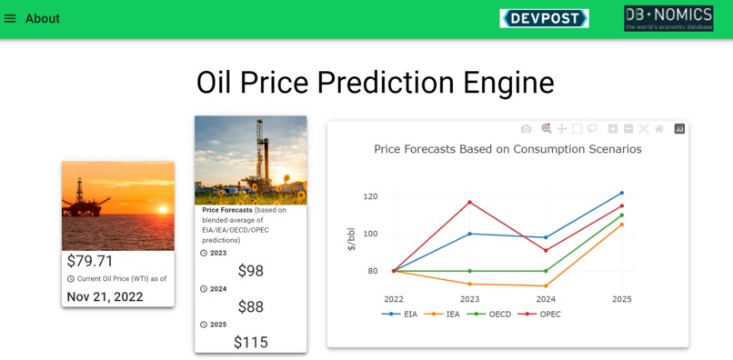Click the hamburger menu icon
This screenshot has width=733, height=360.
click(x=11, y=19)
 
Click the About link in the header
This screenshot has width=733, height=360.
click(x=43, y=19)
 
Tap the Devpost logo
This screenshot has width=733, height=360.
click(x=544, y=18)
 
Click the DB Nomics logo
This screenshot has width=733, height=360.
click(x=668, y=18)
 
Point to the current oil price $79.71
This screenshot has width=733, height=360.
click(x=91, y=262)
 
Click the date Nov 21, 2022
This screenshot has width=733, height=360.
click(x=105, y=296)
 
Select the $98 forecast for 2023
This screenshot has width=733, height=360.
click(x=250, y=271)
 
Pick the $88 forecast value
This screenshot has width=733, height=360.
click(x=250, y=306)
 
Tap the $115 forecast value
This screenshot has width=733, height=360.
click(x=250, y=342)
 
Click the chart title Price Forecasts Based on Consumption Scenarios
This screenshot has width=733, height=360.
click(x=507, y=149)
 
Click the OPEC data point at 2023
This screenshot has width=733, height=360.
click(x=469, y=202)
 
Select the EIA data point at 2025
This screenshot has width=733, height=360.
click(x=622, y=193)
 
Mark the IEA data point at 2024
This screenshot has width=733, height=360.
click(x=546, y=285)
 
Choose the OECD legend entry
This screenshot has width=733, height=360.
click(x=493, y=314)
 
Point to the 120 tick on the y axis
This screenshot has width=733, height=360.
click(x=369, y=196)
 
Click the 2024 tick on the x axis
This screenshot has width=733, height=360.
click(x=546, y=298)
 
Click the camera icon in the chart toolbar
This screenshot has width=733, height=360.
click(x=526, y=129)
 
